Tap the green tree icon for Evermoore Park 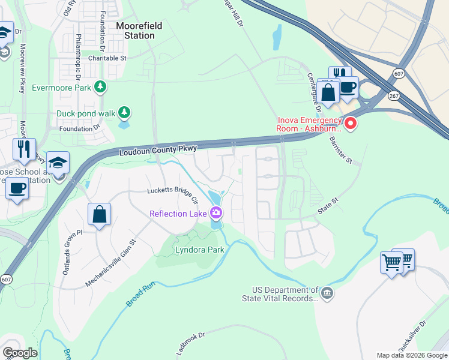tap(101, 88)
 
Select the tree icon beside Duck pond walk tap(124, 112)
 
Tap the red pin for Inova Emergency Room tap(349, 124)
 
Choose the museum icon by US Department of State tap(327, 293)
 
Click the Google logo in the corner tap(20, 352)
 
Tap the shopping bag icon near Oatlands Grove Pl tap(100, 214)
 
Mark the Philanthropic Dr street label tap(78, 56)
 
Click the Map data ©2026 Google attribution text tap(411, 355)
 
